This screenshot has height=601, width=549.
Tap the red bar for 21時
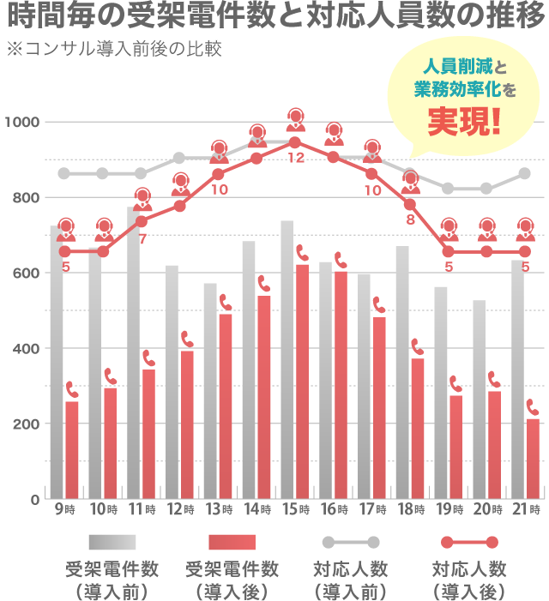tap(532, 459)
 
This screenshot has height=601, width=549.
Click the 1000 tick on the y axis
tap(22, 123)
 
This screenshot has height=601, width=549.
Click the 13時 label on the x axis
tap(219, 509)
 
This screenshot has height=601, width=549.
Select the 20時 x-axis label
tap(486, 509)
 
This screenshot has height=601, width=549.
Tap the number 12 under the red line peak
tap(296, 159)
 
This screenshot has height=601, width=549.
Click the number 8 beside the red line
tap(410, 219)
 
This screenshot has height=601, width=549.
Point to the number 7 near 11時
tap(142, 237)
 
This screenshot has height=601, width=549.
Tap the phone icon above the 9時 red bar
tap(72, 390)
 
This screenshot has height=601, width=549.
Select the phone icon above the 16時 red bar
tap(340, 260)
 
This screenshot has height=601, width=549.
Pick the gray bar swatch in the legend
tap(112, 543)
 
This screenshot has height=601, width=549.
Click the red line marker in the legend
tap(468, 543)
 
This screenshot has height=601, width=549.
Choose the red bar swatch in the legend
tap(232, 543)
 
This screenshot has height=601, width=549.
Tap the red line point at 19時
tap(449, 252)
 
